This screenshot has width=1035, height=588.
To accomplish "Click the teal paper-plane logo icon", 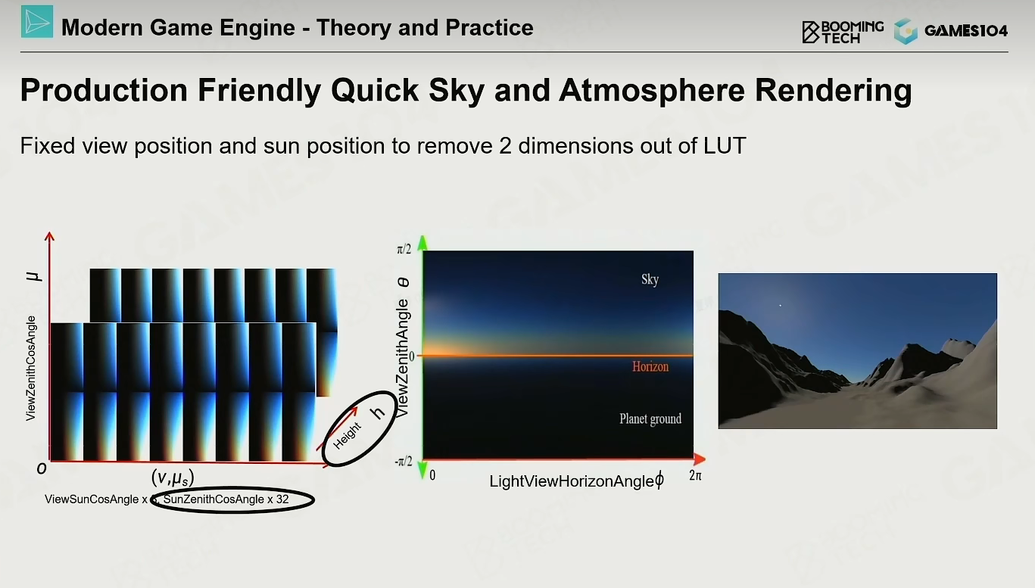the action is point(37,22).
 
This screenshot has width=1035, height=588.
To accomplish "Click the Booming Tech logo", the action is point(843,32).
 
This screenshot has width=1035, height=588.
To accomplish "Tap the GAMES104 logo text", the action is point(965,31).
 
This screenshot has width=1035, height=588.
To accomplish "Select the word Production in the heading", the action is point(104,90).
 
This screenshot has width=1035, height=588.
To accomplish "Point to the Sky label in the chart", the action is point(650,279).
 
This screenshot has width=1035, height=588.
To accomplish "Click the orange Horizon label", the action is point(650,367).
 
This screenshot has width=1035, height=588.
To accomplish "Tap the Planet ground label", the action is point(650,419).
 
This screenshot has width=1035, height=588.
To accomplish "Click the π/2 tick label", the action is point(404,250).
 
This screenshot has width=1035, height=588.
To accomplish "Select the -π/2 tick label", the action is point(404,462).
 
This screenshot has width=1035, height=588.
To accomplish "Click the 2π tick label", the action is point(695,475).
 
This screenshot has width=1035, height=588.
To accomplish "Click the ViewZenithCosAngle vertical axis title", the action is point(30,368).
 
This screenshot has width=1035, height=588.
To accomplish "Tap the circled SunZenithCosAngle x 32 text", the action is point(226,499).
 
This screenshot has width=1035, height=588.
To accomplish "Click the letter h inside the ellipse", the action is point(378,412).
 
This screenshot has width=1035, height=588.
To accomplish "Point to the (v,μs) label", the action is point(173,478).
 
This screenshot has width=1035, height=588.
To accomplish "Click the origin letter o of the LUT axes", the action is point(42,468).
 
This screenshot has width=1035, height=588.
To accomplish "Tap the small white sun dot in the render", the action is point(781,305).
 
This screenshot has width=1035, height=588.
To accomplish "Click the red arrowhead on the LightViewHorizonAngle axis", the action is point(700,459).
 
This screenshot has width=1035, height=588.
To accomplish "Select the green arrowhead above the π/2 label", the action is point(422,244).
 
